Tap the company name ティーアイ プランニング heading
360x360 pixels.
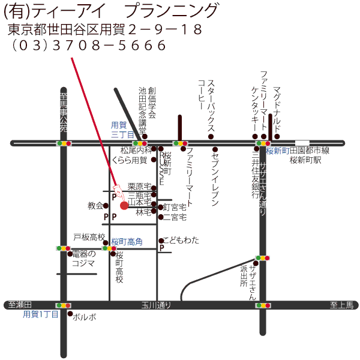click(x=112, y=11)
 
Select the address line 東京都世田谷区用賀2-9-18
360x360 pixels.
click(x=104, y=29)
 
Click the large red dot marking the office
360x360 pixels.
click(x=124, y=206)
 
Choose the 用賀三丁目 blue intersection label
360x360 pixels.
click(x=122, y=130)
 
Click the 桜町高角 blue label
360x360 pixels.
click(x=127, y=241)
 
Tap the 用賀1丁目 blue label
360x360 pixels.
click(x=41, y=314)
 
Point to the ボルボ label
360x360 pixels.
click(x=84, y=316)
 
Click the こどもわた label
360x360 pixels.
click(x=182, y=240)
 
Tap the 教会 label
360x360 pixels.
click(x=95, y=205)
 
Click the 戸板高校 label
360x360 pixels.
click(x=89, y=237)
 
